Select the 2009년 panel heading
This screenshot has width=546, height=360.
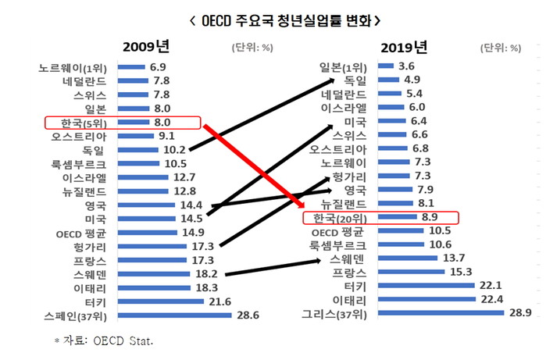pyautogui.click(x=146, y=47)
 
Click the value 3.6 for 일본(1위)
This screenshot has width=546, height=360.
pyautogui.click(x=405, y=66)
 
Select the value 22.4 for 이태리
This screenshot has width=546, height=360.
pyautogui.click(x=491, y=298)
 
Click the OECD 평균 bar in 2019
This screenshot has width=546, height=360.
pyautogui.click(x=398, y=231)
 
